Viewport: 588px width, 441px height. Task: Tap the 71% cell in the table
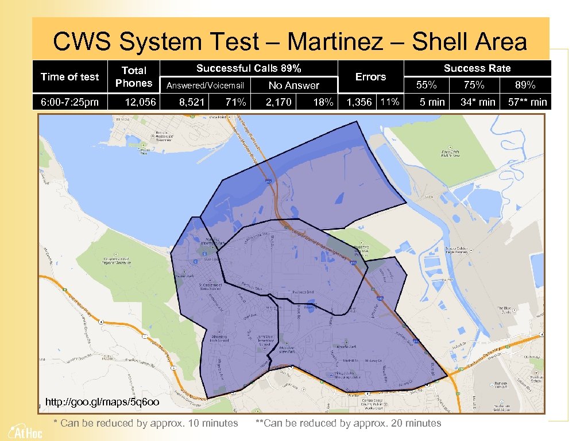click(235, 102)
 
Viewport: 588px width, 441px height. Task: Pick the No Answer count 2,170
click(278, 102)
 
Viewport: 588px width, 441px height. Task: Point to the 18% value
click(323, 102)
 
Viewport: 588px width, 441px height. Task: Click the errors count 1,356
click(359, 102)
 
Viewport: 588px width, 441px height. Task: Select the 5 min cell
click(432, 102)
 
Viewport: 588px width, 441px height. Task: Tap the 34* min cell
click(478, 102)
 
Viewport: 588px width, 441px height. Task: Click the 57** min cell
click(523, 102)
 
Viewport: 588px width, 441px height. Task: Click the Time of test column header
click(69, 76)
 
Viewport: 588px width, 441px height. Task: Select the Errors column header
click(370, 76)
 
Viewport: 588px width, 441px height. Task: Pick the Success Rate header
click(477, 68)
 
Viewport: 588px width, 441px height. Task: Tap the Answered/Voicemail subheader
click(205, 86)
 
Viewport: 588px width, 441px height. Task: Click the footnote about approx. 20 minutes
click(348, 423)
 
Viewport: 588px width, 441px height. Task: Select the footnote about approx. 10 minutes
click(145, 423)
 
